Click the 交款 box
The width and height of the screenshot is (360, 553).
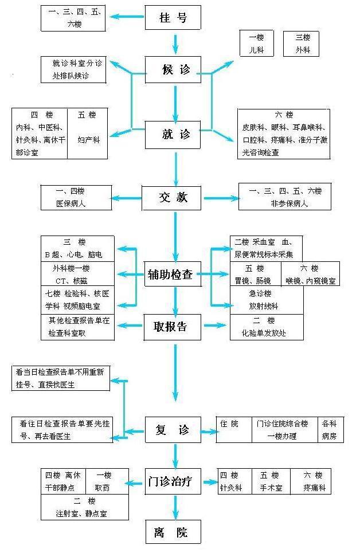point(173,198)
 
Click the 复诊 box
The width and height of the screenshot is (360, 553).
point(173,430)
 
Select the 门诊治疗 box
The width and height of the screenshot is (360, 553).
point(173,481)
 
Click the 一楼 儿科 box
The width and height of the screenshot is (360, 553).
point(256,44)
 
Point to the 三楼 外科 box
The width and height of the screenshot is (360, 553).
point(303,44)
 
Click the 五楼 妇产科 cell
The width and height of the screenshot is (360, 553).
point(88,134)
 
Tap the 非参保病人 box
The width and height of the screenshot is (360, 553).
point(284,197)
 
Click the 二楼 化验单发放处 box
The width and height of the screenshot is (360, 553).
point(266,327)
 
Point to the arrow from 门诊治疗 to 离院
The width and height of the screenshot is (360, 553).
point(175,507)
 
